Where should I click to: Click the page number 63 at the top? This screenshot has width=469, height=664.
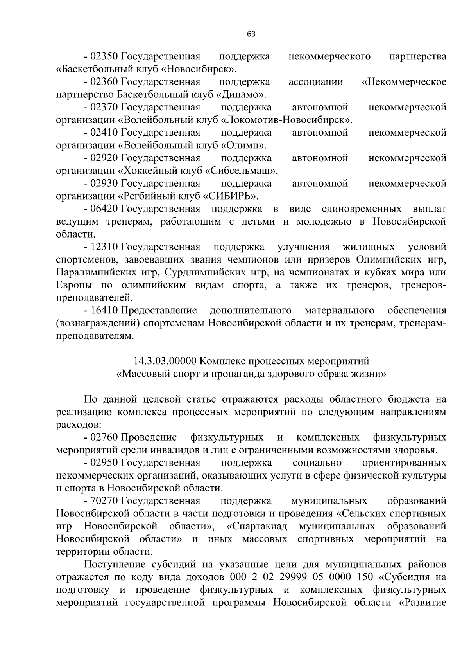pos(251,34)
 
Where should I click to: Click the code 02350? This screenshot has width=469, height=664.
pos(104,57)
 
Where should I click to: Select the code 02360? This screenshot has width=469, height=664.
pos(104,82)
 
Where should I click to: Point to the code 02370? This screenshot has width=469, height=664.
pos(104,107)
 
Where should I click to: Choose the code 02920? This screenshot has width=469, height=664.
pos(104,158)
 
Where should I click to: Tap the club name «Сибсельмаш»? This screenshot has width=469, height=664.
pos(242,171)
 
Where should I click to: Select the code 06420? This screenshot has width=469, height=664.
pos(104,209)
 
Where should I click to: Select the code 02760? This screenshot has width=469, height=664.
pos(104,437)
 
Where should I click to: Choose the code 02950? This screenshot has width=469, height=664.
pos(104,463)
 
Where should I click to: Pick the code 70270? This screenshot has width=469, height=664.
pos(104,501)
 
